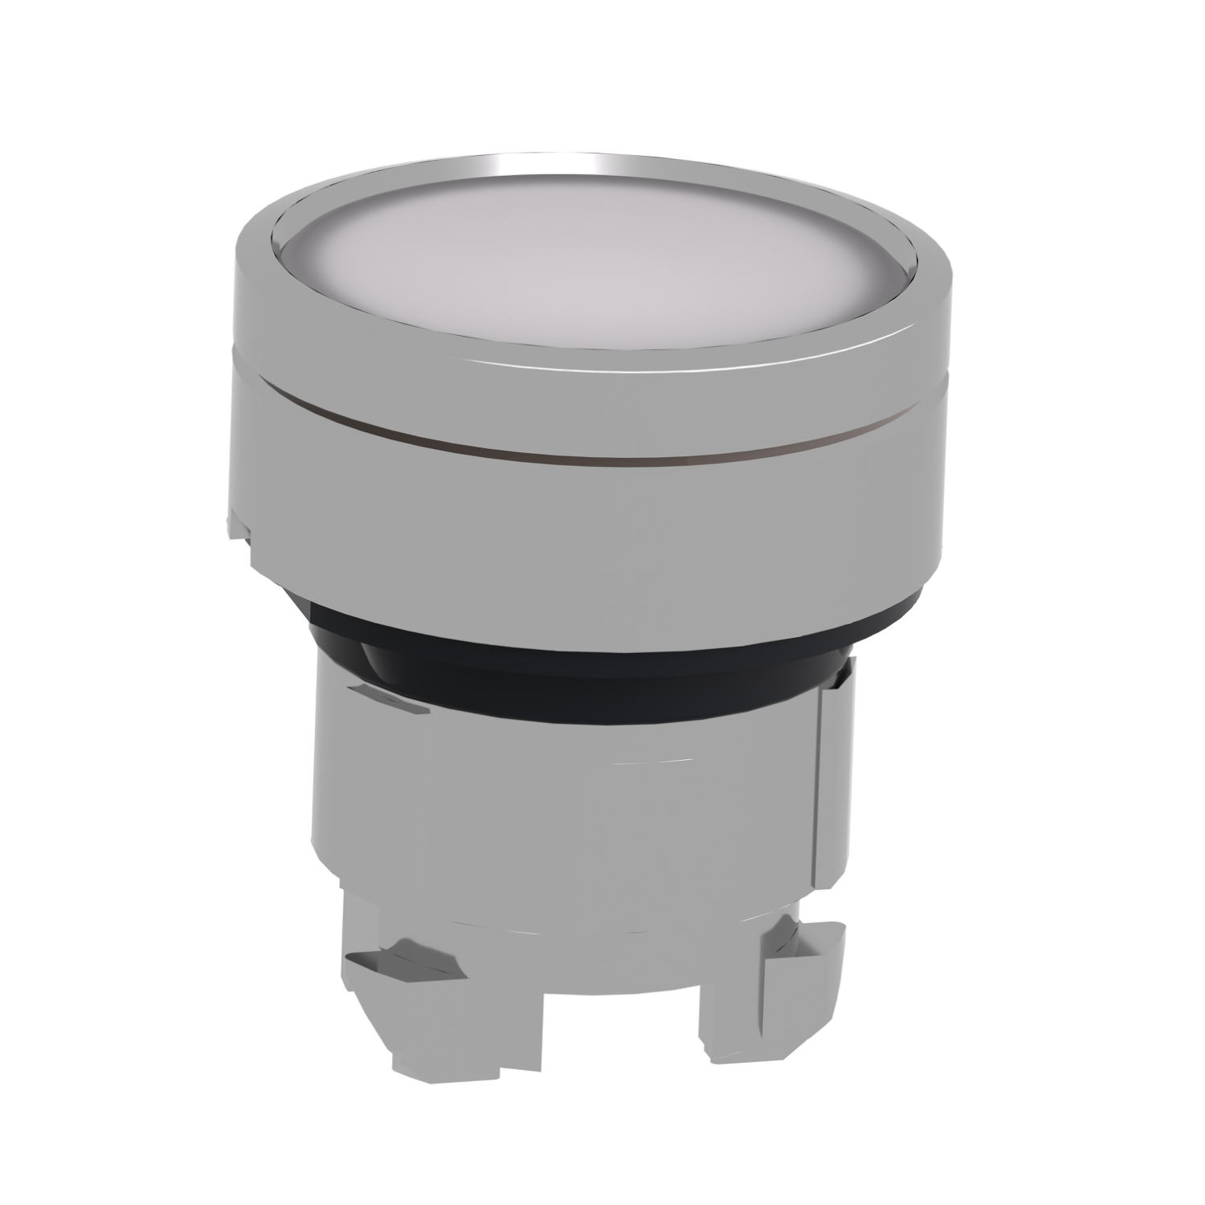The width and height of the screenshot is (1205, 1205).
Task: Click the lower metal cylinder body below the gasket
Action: pos(562,819)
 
